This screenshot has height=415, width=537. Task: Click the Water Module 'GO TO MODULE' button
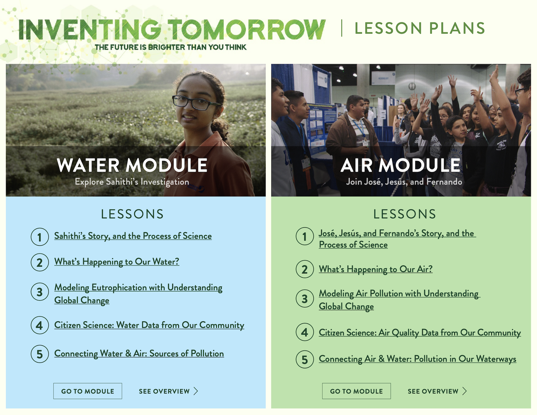pyautogui.click(x=88, y=391)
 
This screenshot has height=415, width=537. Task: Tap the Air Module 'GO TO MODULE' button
pyautogui.click(x=356, y=391)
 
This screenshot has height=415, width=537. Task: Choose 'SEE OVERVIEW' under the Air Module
pyautogui.click(x=437, y=391)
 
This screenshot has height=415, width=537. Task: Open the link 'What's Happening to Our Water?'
pyautogui.click(x=117, y=262)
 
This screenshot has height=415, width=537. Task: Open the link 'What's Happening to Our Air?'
pyautogui.click(x=376, y=269)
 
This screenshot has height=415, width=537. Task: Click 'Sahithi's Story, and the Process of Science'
pyautogui.click(x=133, y=236)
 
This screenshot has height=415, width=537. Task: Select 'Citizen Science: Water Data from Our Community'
pyautogui.click(x=149, y=325)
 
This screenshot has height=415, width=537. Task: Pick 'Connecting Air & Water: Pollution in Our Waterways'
pyautogui.click(x=418, y=359)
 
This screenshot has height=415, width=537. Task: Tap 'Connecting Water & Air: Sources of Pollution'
pyautogui.click(x=139, y=354)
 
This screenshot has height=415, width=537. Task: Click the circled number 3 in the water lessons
pyautogui.click(x=40, y=292)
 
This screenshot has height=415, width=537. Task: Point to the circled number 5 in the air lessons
pyautogui.click(x=305, y=359)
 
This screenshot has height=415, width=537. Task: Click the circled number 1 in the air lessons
pyautogui.click(x=305, y=237)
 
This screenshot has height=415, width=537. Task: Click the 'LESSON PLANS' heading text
pyautogui.click(x=420, y=28)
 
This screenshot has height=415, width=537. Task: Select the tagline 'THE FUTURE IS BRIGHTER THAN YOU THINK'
pyautogui.click(x=171, y=47)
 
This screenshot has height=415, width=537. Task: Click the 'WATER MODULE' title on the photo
pyautogui.click(x=132, y=165)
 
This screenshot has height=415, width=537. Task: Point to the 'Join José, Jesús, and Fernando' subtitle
pyautogui.click(x=404, y=182)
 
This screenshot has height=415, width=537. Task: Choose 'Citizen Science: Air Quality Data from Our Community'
pyautogui.click(x=420, y=333)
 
